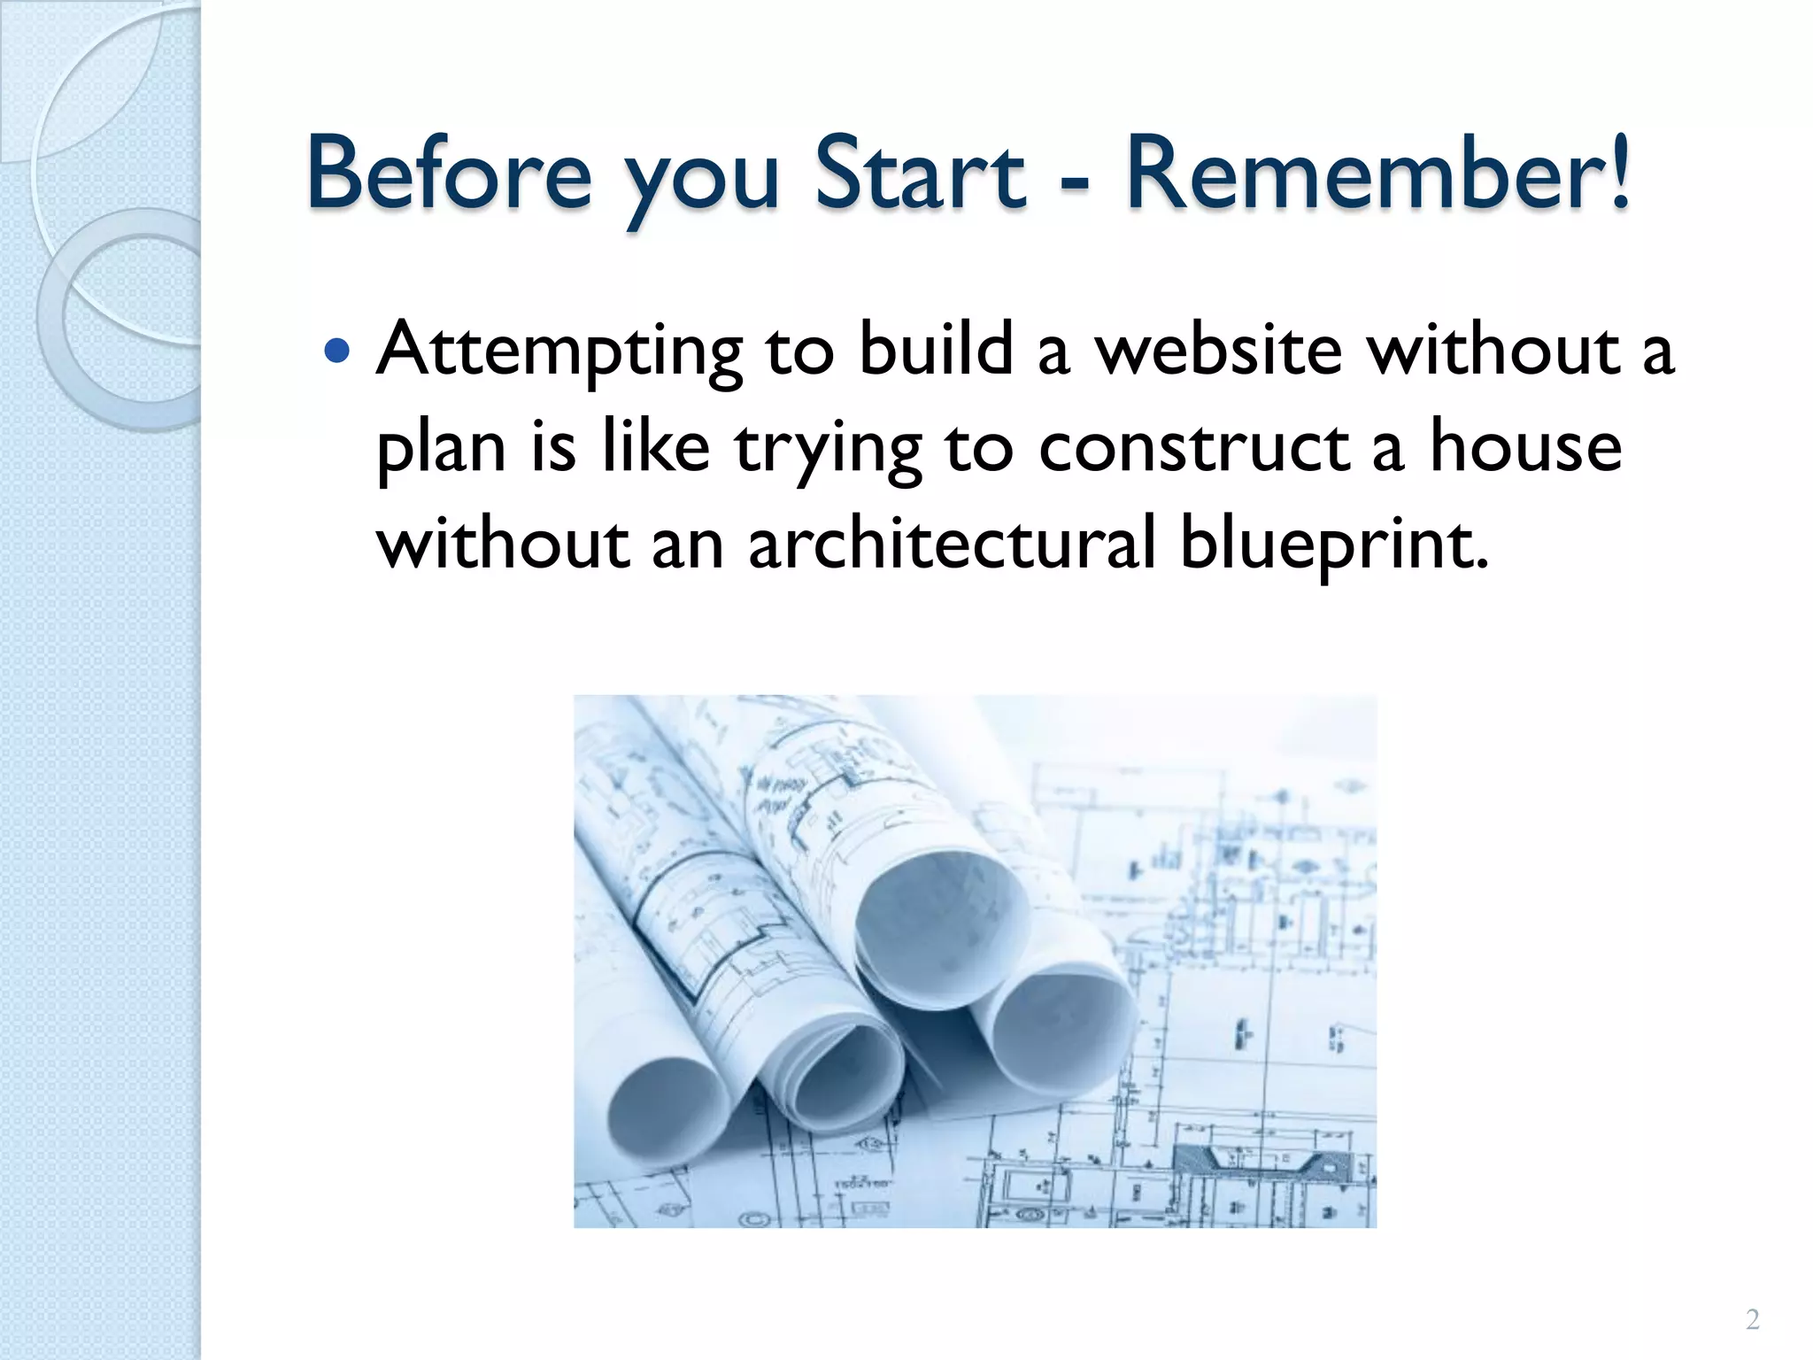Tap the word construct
(x=1194, y=447)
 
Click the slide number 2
(x=1752, y=1320)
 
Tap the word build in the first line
(x=936, y=349)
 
